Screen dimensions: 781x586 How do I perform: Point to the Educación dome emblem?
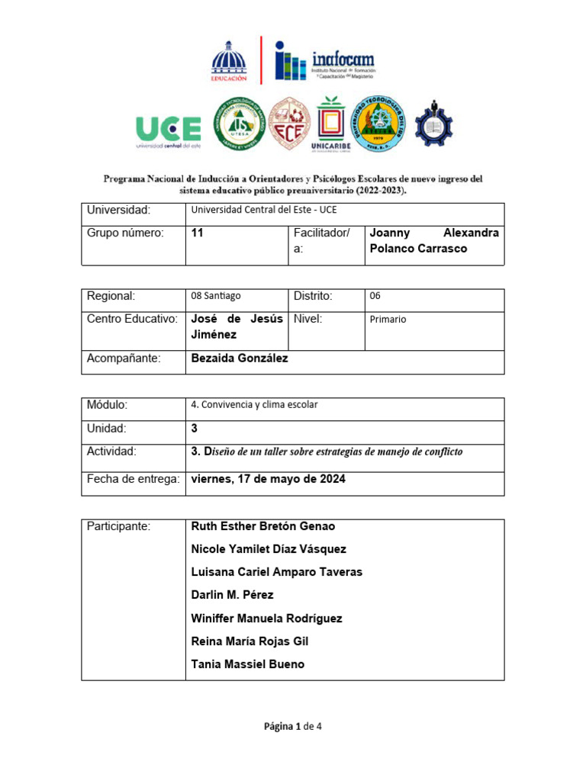click(229, 60)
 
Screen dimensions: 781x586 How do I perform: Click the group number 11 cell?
click(198, 233)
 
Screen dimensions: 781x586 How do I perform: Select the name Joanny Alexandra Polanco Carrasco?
click(433, 241)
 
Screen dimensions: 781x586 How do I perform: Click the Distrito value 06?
click(375, 296)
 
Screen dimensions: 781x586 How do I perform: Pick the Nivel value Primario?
click(388, 320)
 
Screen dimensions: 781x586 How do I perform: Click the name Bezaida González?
click(239, 358)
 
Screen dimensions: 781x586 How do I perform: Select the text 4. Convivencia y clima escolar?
click(254, 405)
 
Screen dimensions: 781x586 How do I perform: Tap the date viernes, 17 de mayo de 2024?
click(268, 479)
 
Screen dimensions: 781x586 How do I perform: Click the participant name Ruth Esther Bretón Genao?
click(262, 526)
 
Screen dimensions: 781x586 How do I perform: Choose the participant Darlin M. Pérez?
click(232, 595)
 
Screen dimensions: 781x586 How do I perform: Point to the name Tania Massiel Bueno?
click(247, 664)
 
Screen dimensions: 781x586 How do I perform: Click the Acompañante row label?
click(124, 358)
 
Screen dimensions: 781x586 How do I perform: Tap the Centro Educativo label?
click(132, 318)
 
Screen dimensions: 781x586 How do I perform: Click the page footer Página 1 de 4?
click(293, 727)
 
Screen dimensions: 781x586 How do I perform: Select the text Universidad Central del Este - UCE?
click(263, 210)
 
